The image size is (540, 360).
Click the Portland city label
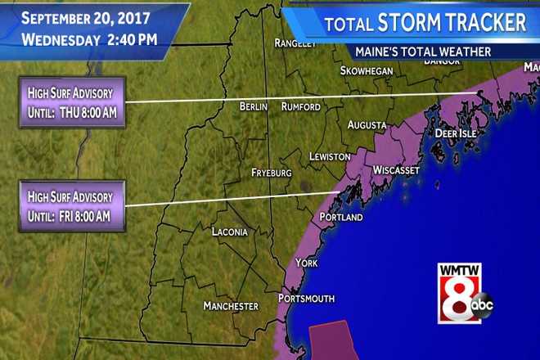[341, 218]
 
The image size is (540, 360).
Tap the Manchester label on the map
[231, 306]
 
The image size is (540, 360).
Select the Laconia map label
[229, 232]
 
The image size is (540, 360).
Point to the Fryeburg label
[272, 173]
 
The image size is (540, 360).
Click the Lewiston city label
[330, 156]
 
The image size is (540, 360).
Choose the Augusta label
[367, 125]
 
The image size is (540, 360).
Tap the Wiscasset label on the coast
[396, 170]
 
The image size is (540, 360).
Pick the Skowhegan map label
[367, 71]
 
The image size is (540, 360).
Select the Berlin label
[254, 107]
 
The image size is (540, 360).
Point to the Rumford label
[300, 107]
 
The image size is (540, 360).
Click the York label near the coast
[305, 263]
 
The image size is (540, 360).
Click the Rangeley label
[295, 43]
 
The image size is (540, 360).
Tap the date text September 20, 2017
[79, 17]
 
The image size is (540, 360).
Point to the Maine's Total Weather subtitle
[422, 52]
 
